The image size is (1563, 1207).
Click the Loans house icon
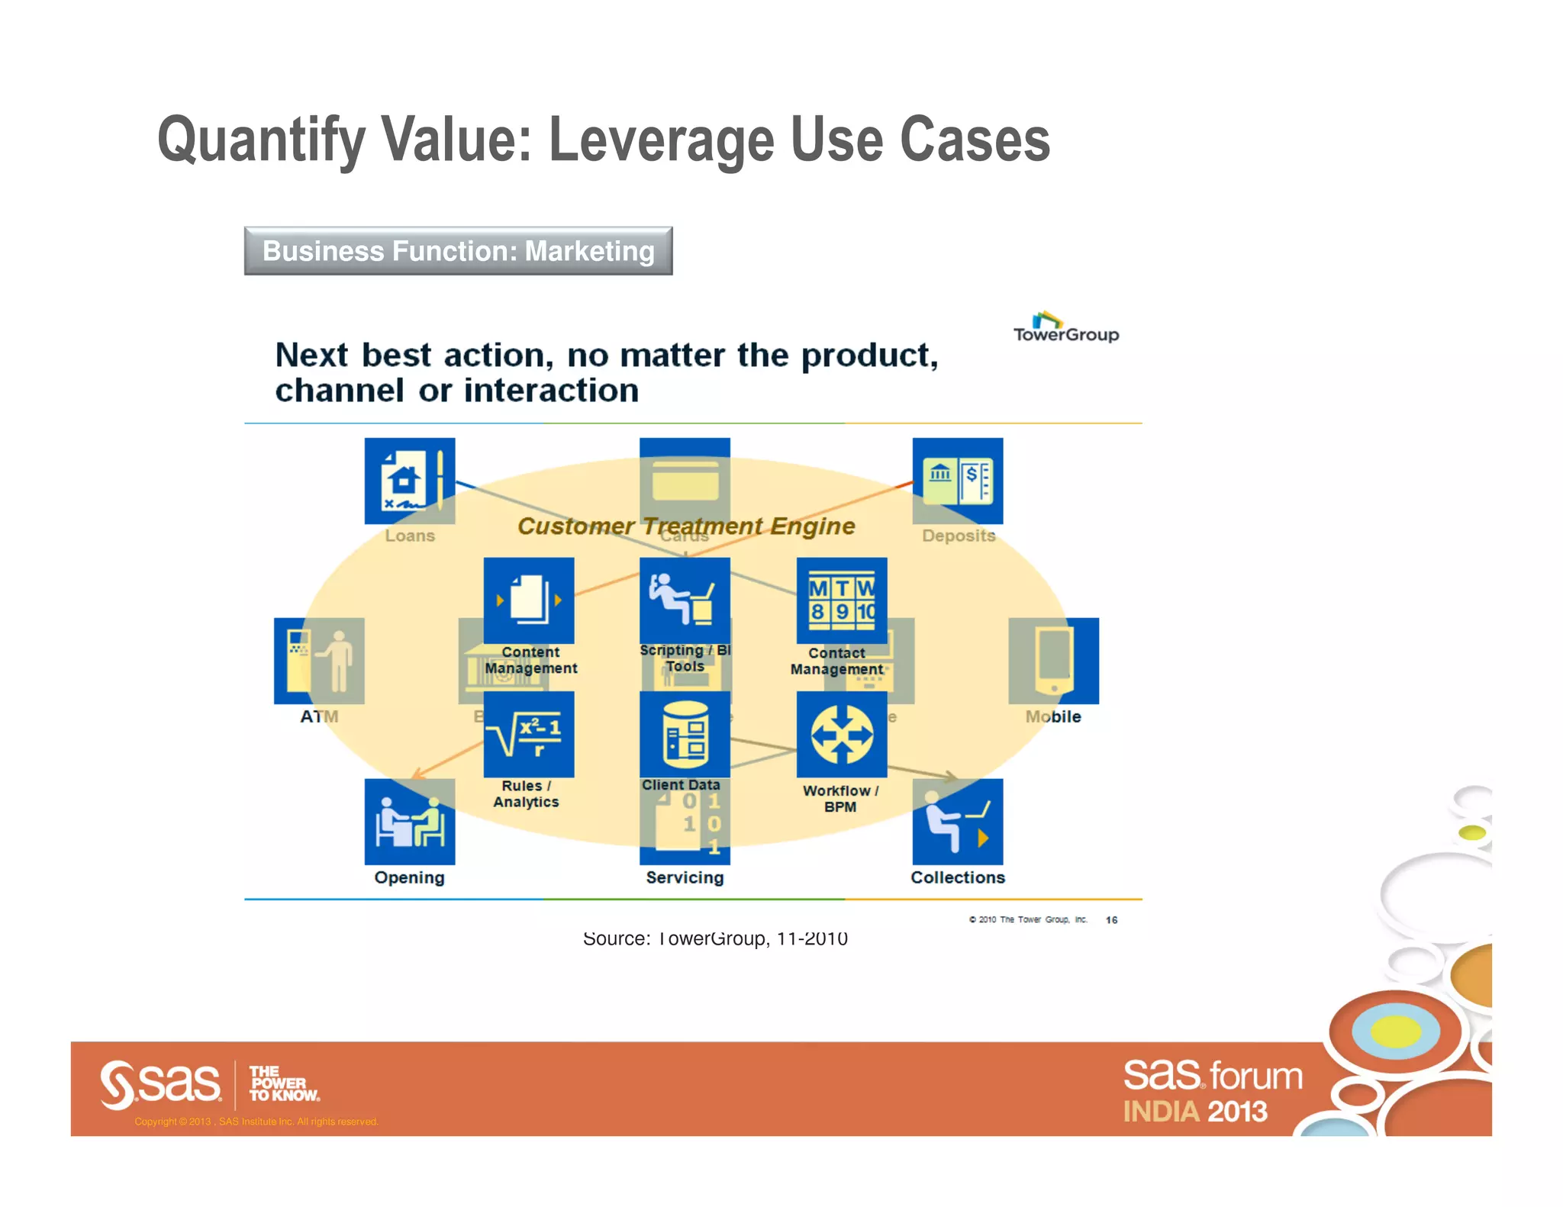409,481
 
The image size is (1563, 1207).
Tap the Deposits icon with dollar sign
957,481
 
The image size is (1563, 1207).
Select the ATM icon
319,661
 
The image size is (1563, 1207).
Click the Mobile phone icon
1053,661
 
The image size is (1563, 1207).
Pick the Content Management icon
528,600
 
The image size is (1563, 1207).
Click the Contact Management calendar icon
841,600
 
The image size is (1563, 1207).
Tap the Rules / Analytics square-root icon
528,735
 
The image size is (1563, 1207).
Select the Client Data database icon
685,735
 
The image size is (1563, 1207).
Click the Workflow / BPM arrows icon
841,735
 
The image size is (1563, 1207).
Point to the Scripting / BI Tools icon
685,600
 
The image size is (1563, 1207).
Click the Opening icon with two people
409,822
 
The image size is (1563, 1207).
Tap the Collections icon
957,822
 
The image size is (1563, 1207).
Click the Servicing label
685,877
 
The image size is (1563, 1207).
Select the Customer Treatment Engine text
685,526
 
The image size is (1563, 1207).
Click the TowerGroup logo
1065,328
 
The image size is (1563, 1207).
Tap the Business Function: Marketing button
458,251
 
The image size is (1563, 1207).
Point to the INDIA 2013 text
1194,1112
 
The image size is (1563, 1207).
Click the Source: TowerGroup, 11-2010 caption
715,938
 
